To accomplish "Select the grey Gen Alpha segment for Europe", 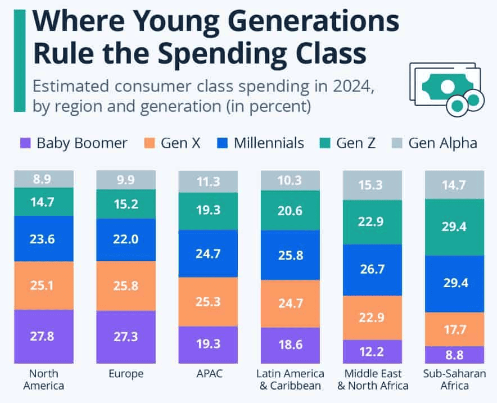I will point(126,180).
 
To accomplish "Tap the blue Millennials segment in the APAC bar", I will point(208,253).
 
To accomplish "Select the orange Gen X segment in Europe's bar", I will point(126,286).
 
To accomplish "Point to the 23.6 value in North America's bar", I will point(44,238).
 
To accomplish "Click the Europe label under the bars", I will point(126,374).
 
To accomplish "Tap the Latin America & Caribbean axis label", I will point(291,379).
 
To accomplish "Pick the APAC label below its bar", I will point(208,374).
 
